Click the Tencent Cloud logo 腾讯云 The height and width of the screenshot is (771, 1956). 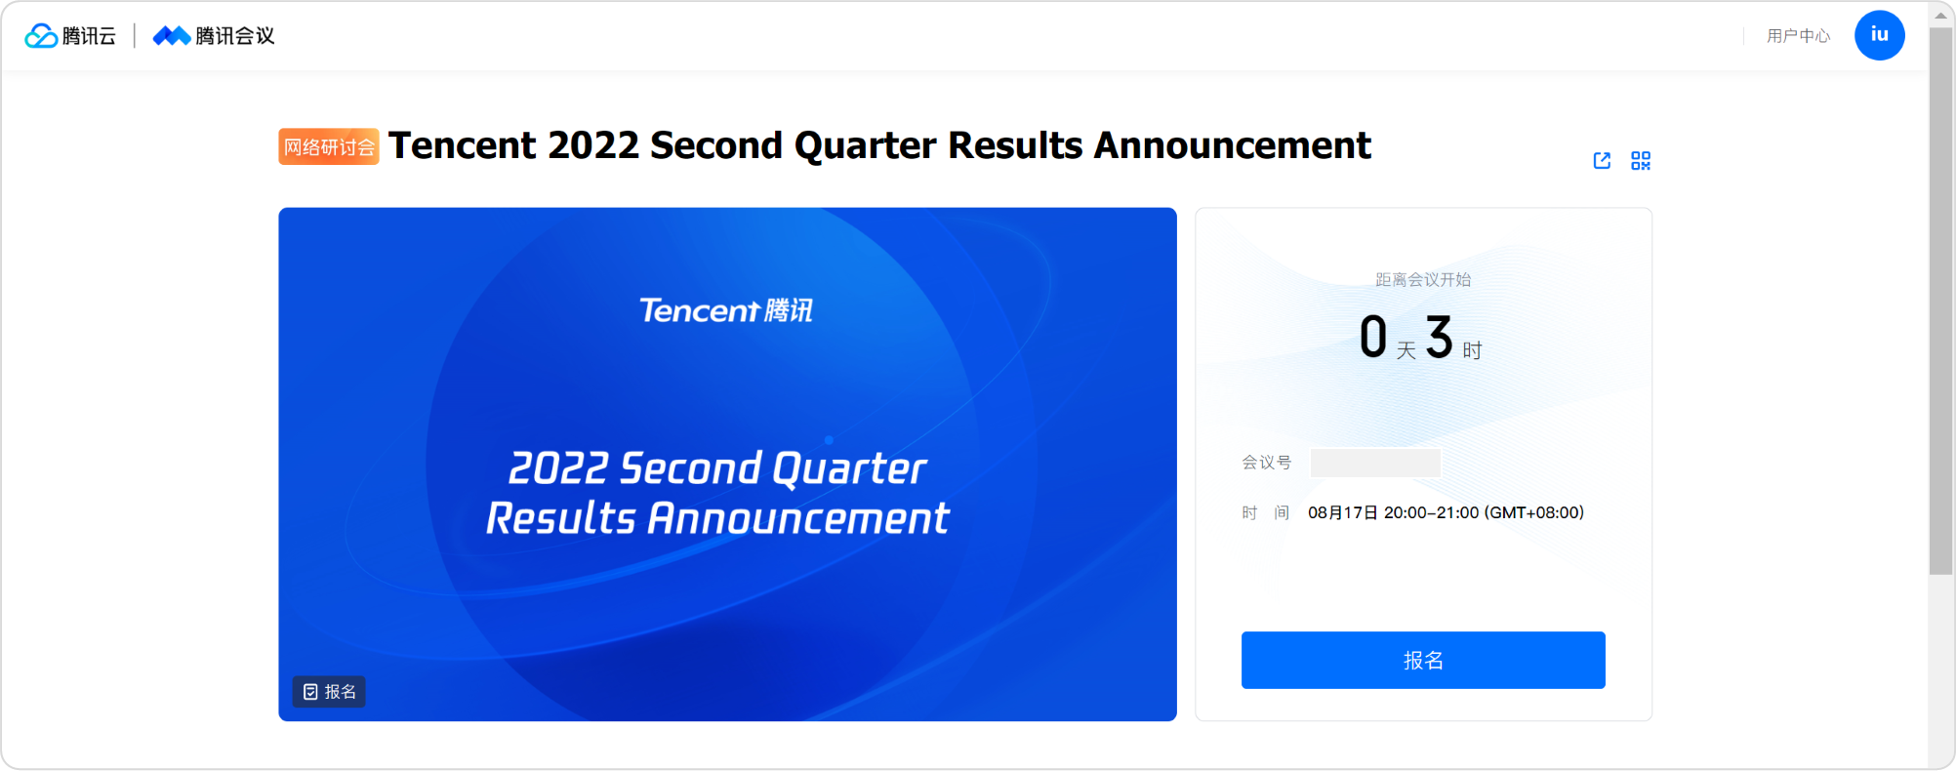70,36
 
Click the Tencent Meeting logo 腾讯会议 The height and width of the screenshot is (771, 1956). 214,36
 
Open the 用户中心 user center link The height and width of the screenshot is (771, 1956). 1798,36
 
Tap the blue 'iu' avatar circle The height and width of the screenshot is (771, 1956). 1879,35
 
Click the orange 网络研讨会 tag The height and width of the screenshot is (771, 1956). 329,146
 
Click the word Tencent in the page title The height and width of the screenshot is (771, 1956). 463,145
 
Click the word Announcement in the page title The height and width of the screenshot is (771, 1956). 1232,145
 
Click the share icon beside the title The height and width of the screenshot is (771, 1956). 1602,160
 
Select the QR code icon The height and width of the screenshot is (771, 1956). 1641,160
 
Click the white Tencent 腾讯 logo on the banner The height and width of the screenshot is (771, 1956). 726,310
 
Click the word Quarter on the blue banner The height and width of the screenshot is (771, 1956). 849,468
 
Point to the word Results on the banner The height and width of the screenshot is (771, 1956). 561,518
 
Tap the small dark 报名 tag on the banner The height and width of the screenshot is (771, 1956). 329,692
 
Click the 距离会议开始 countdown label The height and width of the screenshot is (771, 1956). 1423,280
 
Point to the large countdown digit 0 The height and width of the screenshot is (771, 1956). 1373,337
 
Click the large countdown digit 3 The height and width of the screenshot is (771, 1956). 1439,337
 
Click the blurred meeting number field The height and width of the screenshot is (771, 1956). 1375,463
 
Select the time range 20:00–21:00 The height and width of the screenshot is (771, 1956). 1432,512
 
